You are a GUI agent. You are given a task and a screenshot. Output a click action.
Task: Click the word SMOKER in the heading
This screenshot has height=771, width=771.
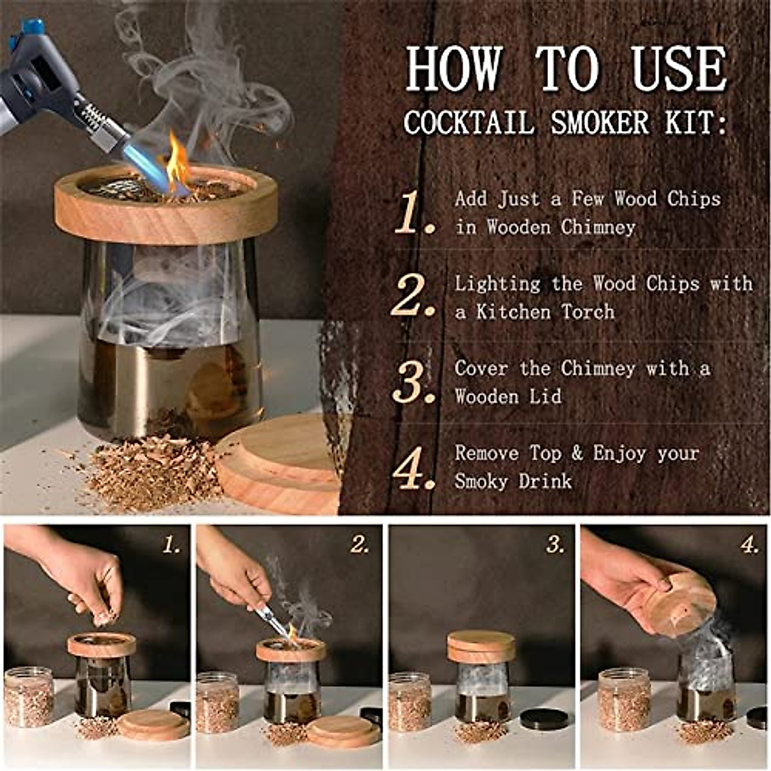click(599, 122)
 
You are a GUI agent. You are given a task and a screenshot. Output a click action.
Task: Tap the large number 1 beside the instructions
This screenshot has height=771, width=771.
click(414, 213)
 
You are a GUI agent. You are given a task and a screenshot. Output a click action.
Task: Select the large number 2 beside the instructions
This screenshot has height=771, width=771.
click(414, 296)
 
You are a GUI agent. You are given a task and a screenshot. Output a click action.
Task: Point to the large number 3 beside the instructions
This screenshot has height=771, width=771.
click(414, 382)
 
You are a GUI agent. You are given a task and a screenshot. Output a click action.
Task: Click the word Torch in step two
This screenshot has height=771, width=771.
click(588, 312)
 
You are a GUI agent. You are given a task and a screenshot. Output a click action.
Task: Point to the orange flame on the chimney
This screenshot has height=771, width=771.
click(177, 164)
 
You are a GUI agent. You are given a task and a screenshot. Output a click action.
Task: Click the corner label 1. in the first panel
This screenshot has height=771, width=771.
click(172, 545)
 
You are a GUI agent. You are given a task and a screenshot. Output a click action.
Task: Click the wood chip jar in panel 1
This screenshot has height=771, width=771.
click(28, 697)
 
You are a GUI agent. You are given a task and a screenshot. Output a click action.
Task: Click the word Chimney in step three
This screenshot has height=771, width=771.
click(598, 368)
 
